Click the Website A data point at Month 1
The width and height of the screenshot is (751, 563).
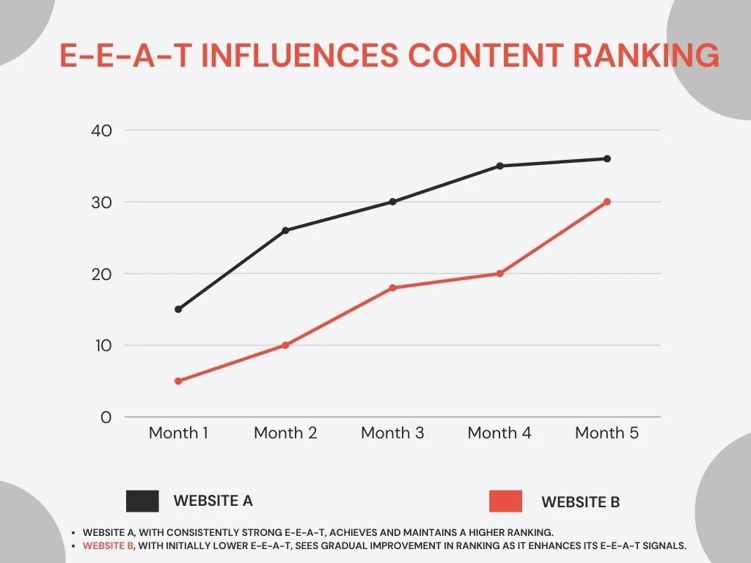tap(178, 309)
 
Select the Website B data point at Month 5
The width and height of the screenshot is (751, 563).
tap(607, 202)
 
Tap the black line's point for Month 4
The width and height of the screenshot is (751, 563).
tap(500, 166)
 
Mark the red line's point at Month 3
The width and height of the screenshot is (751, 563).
tap(392, 288)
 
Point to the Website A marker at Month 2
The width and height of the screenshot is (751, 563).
tap(285, 230)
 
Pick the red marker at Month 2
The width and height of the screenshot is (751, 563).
tap(285, 345)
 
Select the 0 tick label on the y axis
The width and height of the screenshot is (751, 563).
tap(106, 417)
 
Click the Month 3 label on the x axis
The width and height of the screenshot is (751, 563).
tap(392, 433)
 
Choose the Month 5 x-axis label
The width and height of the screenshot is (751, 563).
tap(607, 433)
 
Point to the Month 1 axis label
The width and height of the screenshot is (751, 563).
tap(178, 433)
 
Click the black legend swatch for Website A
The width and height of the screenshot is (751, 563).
tap(142, 501)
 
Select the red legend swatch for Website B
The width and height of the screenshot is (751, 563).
tap(505, 501)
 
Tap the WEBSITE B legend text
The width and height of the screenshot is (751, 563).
tap(580, 502)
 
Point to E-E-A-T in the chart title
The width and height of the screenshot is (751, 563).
tap(126, 56)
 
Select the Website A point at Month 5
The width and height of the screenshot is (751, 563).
tap(607, 158)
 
